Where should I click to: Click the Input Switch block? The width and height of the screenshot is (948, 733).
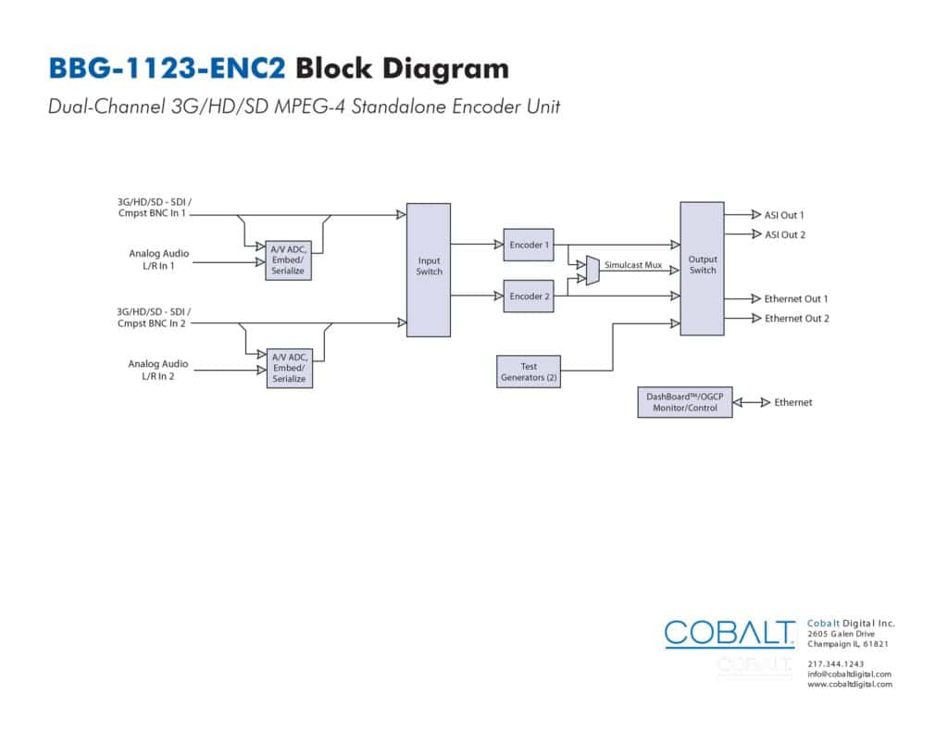[428, 270]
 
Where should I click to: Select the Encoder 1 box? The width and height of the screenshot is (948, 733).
[529, 245]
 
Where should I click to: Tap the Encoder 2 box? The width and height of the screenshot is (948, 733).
[529, 296]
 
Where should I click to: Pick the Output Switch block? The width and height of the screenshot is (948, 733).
[702, 269]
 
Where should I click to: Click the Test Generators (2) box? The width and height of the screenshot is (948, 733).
[529, 372]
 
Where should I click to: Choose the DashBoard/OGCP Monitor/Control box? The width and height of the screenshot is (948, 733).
[685, 402]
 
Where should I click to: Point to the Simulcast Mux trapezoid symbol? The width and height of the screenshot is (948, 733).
[592, 271]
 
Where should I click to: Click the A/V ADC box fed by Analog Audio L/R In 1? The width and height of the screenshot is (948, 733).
[289, 260]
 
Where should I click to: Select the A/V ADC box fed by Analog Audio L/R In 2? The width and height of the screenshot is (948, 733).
[290, 368]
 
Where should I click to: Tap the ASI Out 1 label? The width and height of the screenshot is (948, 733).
[784, 215]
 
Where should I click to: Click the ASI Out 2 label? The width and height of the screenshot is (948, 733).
[785, 234]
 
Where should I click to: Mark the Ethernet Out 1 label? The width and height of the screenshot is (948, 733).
[795, 299]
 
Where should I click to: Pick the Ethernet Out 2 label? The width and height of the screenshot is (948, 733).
[797, 319]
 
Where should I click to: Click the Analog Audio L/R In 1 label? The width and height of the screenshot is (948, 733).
[158, 259]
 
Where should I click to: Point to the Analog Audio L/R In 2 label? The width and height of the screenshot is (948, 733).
[157, 370]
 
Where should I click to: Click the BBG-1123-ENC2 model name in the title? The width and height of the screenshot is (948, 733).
[167, 69]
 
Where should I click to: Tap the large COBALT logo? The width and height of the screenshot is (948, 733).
[730, 634]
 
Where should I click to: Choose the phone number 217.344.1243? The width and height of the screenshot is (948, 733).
[836, 664]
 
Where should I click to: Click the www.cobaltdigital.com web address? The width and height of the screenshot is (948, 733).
[850, 685]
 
